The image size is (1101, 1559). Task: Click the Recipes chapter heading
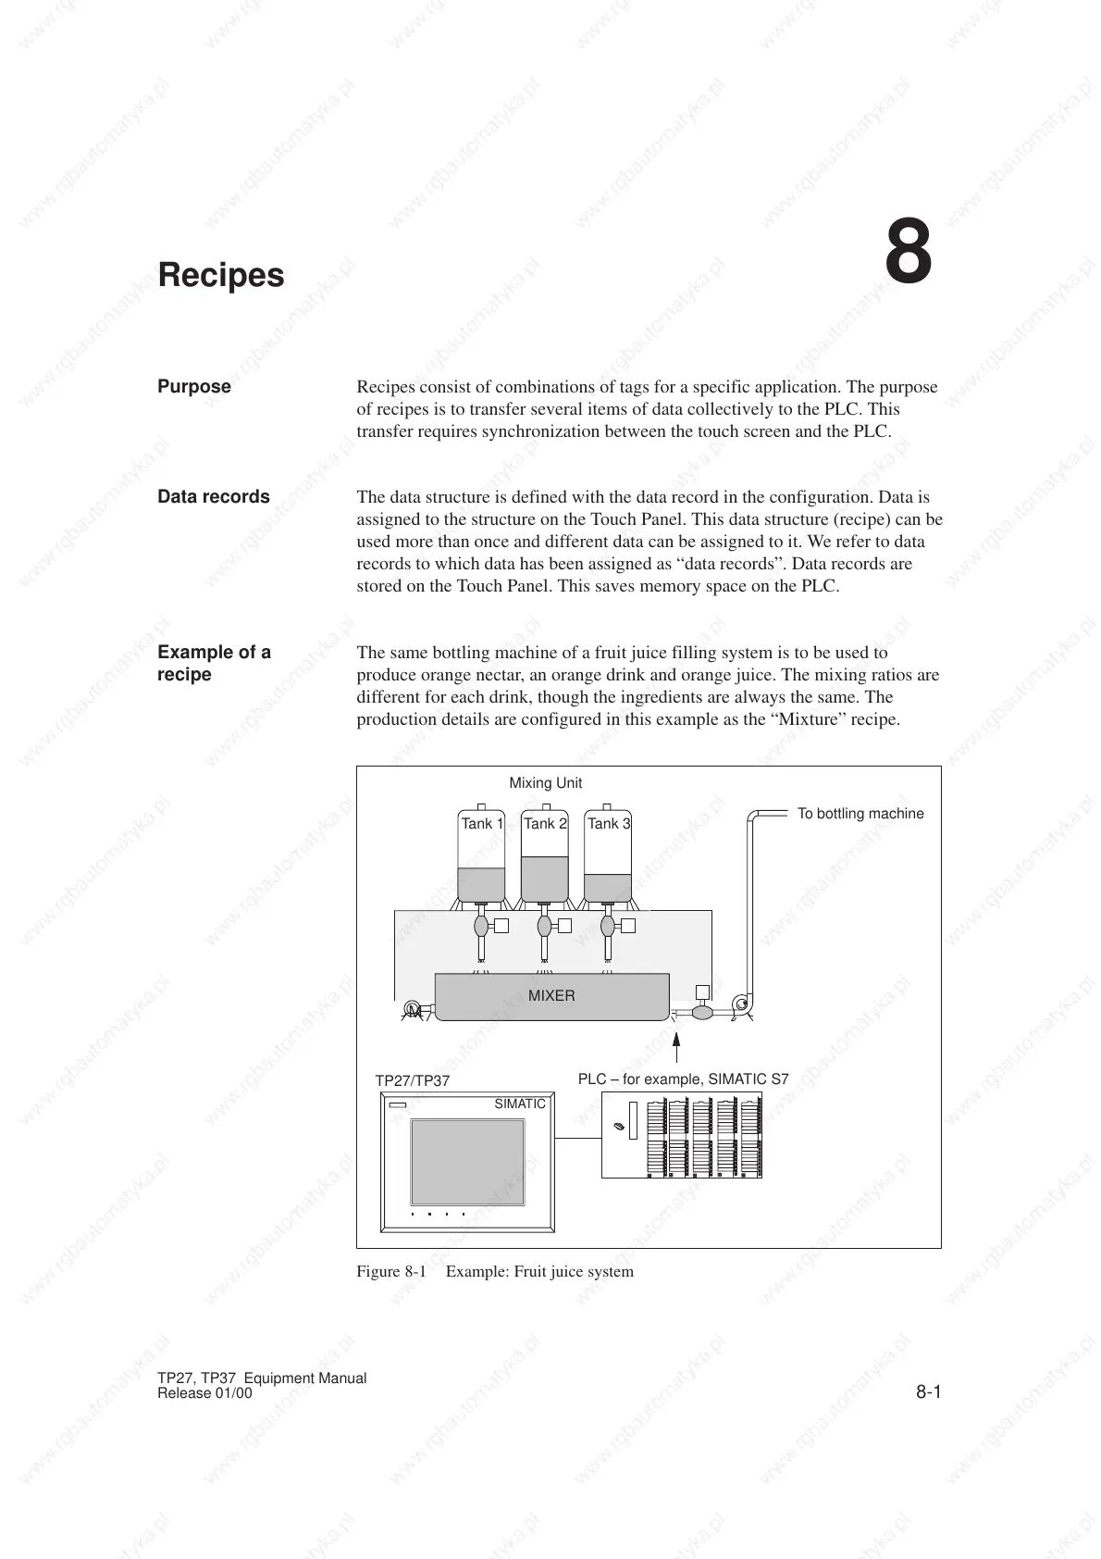click(221, 275)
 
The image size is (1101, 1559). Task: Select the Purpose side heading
click(194, 387)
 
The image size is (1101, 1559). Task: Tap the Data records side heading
click(214, 497)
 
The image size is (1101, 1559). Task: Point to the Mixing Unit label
click(545, 783)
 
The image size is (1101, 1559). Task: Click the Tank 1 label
click(482, 823)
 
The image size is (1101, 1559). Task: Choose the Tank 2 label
click(545, 823)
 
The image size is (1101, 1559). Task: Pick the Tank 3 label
click(608, 823)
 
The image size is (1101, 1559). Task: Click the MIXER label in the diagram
click(551, 996)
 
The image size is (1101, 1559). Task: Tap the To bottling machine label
click(860, 814)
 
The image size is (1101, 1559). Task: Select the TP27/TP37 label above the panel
click(412, 1080)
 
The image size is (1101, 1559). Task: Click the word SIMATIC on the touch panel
click(520, 1104)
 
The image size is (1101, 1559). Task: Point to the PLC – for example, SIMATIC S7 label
click(683, 1079)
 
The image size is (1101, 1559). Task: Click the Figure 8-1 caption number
click(391, 1271)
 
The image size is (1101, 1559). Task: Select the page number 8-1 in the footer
click(928, 1391)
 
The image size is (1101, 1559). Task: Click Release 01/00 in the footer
click(204, 1393)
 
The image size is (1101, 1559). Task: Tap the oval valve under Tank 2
click(544, 925)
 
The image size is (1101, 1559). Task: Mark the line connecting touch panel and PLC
click(578, 1138)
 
